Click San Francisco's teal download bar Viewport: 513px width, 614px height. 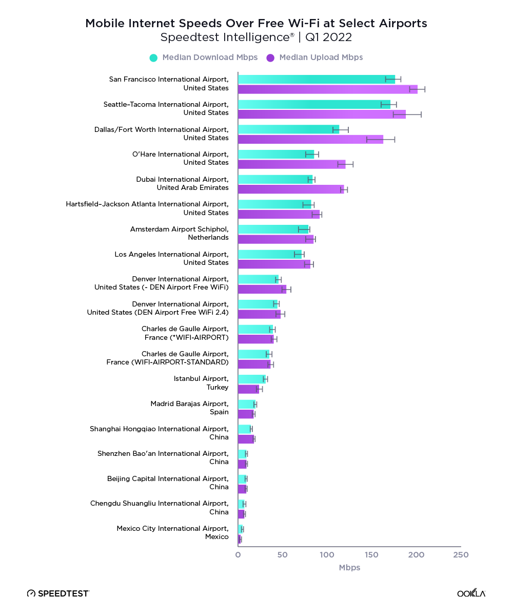[x=315, y=79]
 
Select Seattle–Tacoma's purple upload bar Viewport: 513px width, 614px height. [x=321, y=114]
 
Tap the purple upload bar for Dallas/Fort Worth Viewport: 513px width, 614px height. [x=310, y=139]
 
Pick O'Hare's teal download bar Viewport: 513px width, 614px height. [x=275, y=154]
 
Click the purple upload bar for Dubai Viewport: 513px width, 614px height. [x=290, y=189]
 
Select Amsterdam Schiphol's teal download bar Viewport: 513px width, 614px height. [x=273, y=229]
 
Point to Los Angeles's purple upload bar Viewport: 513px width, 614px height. [x=274, y=264]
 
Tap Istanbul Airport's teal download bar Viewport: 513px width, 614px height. [x=251, y=379]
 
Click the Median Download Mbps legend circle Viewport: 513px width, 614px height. [x=153, y=57]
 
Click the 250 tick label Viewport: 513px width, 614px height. [x=461, y=555]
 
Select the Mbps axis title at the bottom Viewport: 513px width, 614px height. [x=349, y=568]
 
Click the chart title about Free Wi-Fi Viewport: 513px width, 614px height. [x=256, y=24]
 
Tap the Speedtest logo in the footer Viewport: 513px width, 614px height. [x=58, y=593]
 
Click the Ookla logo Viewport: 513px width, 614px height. [x=471, y=593]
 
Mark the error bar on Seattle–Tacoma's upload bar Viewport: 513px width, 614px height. [x=407, y=114]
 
